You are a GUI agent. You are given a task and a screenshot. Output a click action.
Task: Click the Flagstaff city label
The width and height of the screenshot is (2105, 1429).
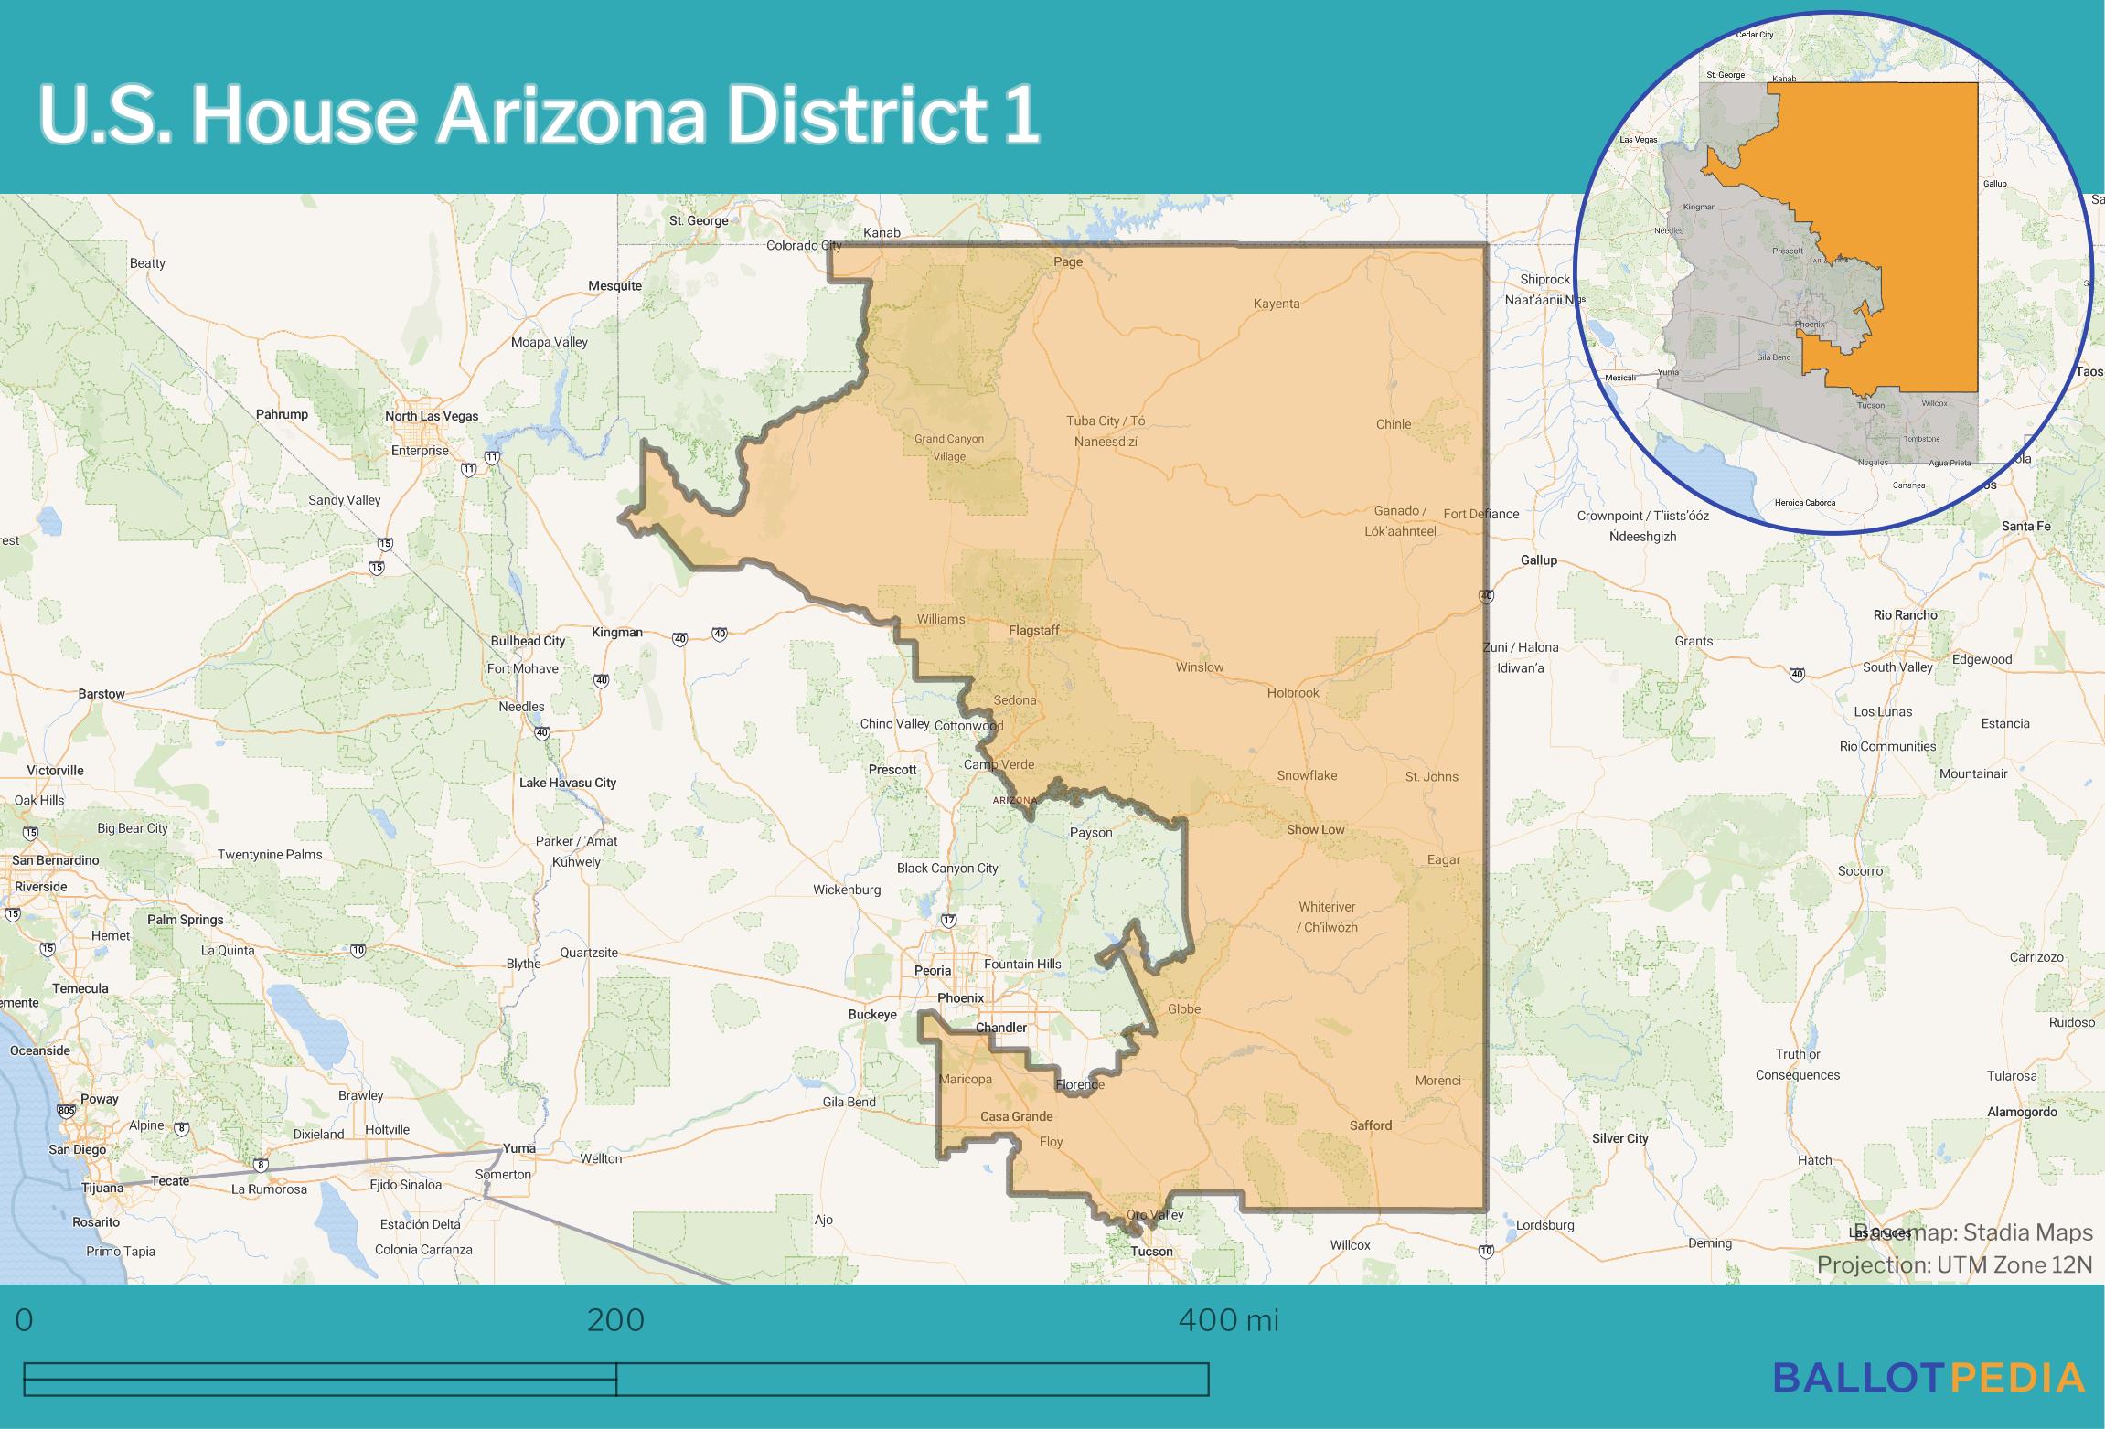pyautogui.click(x=1033, y=630)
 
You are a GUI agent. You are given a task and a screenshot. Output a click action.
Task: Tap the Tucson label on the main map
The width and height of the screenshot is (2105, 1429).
pyautogui.click(x=1151, y=1251)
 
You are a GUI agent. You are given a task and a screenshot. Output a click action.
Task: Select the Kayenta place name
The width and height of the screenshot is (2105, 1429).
pyautogui.click(x=1276, y=304)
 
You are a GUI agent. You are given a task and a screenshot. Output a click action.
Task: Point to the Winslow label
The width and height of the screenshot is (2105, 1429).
pyautogui.click(x=1199, y=667)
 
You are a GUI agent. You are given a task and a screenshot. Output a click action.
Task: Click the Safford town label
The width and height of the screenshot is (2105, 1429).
pyautogui.click(x=1370, y=1125)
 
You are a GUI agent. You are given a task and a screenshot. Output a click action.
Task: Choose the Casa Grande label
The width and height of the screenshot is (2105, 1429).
pyautogui.click(x=1016, y=1116)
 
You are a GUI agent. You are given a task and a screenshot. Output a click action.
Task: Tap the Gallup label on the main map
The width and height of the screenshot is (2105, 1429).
pyautogui.click(x=1538, y=560)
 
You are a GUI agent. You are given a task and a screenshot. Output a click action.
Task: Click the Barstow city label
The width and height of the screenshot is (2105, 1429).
pyautogui.click(x=101, y=694)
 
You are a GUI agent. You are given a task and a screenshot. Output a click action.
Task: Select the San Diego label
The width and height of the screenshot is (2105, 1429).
pyautogui.click(x=77, y=1149)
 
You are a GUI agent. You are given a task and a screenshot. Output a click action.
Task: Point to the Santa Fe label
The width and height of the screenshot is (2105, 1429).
pyautogui.click(x=2025, y=526)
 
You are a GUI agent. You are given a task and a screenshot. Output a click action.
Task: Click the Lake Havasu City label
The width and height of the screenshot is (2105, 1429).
pyautogui.click(x=567, y=783)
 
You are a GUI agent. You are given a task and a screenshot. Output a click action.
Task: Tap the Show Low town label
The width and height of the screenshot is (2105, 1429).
pyautogui.click(x=1315, y=830)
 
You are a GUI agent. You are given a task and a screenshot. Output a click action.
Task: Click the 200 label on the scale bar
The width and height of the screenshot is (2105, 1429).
pyautogui.click(x=615, y=1320)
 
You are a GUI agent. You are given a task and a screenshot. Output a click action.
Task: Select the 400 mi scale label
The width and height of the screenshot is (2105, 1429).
pyautogui.click(x=1228, y=1320)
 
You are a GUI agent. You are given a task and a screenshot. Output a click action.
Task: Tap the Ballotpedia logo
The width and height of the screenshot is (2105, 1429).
pyautogui.click(x=1929, y=1378)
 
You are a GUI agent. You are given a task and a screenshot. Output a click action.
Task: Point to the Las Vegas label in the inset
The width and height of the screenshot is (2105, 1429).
pyautogui.click(x=1639, y=140)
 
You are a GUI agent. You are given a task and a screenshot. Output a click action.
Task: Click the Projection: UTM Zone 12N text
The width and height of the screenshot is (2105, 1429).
pyautogui.click(x=1954, y=1264)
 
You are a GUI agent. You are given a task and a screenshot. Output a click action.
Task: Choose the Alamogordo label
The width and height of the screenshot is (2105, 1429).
pyautogui.click(x=2022, y=1112)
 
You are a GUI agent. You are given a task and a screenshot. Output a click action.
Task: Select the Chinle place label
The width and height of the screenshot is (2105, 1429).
pyautogui.click(x=1393, y=424)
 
